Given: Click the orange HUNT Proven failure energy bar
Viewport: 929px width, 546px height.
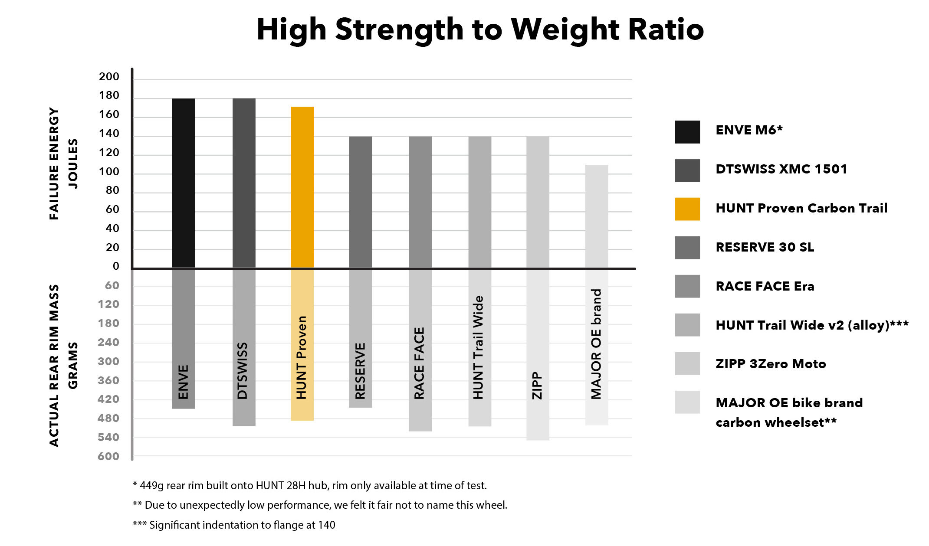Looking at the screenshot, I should (302, 186).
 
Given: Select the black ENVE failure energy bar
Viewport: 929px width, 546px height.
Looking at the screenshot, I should (183, 182).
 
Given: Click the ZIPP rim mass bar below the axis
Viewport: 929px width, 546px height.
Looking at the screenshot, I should (538, 416).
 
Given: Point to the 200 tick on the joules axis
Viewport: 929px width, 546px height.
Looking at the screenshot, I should (109, 77).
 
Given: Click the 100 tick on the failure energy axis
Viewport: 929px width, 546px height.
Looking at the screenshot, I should (109, 172).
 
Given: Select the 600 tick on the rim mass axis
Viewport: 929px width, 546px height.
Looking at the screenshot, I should (108, 456).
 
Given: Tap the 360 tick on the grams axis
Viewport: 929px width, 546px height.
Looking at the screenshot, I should (108, 380).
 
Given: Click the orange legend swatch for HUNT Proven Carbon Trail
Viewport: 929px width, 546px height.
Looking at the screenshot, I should (687, 209).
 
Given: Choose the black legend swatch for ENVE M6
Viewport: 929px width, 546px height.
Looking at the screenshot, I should (687, 132).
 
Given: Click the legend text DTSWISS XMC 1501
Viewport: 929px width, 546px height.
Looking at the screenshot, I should (781, 169).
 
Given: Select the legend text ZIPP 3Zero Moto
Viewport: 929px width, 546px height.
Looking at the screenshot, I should (771, 364).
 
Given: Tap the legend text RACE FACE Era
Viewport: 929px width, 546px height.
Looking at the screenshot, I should (765, 286).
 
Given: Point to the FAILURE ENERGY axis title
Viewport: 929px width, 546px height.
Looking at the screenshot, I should (54, 163).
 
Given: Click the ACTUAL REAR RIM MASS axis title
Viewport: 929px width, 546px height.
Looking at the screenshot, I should (54, 365).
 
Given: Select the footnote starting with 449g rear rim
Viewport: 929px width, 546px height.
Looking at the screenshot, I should (310, 485).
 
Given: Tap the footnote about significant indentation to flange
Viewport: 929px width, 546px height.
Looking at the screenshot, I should (234, 525).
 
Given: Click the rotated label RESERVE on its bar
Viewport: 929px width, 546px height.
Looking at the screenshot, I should (361, 371).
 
